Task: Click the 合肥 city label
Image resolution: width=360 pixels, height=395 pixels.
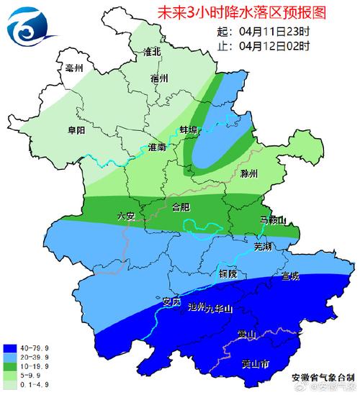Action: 181,207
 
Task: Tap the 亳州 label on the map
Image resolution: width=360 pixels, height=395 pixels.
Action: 74,68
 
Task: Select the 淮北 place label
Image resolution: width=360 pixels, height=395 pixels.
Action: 153,53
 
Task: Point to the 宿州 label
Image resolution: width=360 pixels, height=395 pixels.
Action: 159,77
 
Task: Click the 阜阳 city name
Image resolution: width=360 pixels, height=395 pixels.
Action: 76,130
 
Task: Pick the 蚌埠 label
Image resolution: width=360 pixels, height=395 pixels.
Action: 189,130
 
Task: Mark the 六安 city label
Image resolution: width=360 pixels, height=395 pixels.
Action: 126,215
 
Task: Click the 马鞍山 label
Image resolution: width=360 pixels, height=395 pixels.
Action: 273,220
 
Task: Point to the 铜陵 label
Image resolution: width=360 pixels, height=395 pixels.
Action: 228,274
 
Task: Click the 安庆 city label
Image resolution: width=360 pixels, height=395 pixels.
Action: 171,301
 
